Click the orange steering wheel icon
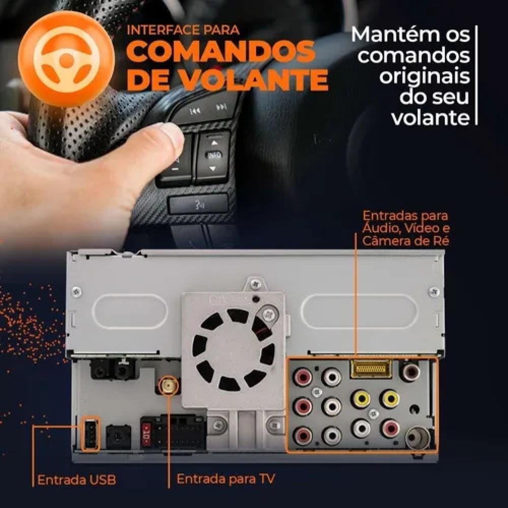point(67,58)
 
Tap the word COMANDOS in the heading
point(220,51)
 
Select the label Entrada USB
point(77,480)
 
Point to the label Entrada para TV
point(226,479)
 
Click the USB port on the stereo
point(91,434)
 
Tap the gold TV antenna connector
point(169,385)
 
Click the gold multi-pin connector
point(371,368)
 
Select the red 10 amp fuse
point(146,435)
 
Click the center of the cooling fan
point(233,350)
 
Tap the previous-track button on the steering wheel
point(195,111)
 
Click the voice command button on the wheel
point(198,204)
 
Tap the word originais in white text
point(424,77)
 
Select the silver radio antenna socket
point(418,438)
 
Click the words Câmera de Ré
point(405,241)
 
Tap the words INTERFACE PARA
point(183,30)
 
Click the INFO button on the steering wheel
point(213,154)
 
